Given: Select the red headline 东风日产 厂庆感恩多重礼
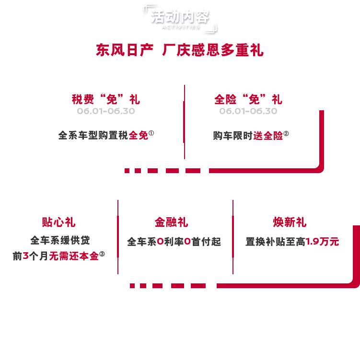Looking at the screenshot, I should [x=180, y=50].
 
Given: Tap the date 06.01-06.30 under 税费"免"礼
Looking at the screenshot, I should [x=105, y=111].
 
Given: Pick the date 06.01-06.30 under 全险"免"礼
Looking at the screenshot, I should [x=248, y=111].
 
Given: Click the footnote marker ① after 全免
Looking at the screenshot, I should [x=151, y=134].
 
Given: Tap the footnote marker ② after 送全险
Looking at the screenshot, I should [x=286, y=134].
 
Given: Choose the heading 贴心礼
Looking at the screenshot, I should [x=58, y=222].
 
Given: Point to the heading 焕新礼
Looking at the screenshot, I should [x=290, y=222].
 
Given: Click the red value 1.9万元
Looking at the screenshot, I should [x=322, y=242].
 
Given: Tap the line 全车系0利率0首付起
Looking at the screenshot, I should [x=174, y=242].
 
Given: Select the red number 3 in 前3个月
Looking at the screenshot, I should [x=25, y=256].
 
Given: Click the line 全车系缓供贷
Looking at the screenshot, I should [x=60, y=240].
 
